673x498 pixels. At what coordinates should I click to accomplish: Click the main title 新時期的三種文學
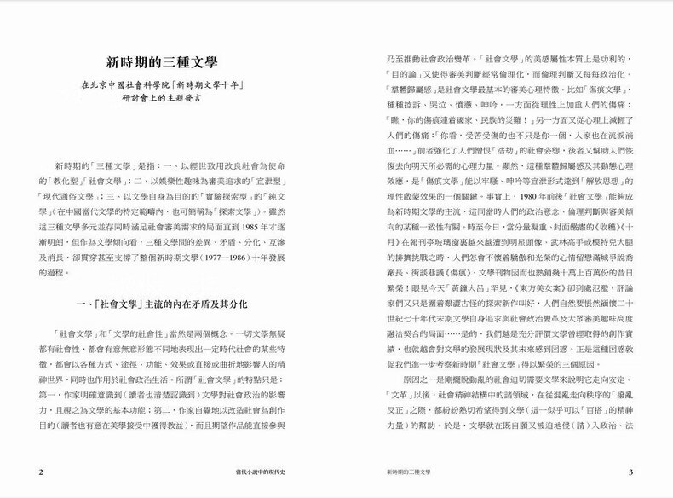(162, 62)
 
